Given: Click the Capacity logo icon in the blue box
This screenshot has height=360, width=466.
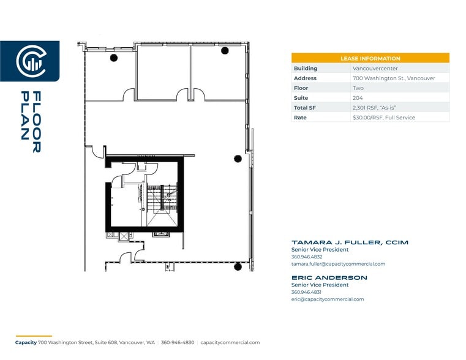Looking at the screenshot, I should click(29, 61).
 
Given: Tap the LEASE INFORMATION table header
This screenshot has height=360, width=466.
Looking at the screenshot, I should click(370, 58).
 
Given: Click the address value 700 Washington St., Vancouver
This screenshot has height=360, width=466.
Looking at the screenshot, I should click(393, 78).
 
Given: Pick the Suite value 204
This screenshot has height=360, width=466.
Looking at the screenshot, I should click(358, 98).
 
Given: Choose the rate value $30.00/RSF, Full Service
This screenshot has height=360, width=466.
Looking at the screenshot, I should click(383, 118).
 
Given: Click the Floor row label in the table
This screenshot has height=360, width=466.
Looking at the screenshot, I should click(301, 88).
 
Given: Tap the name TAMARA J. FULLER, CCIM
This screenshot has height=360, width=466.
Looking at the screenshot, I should click(349, 242).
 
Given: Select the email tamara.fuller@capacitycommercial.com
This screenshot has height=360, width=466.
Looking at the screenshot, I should click(338, 264).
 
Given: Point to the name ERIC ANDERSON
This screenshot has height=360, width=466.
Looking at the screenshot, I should click(329, 278).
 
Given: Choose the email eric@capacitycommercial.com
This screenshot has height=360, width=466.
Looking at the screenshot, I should click(327, 299).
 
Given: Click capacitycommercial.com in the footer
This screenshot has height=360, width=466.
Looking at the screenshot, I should click(230, 343).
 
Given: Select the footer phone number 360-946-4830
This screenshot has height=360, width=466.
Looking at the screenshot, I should click(178, 343).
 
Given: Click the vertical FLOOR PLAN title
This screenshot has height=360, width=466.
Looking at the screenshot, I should click(31, 122).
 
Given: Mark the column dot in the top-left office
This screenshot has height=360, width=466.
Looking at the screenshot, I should click(113, 58).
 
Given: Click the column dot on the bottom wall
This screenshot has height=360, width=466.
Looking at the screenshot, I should click(238, 266).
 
